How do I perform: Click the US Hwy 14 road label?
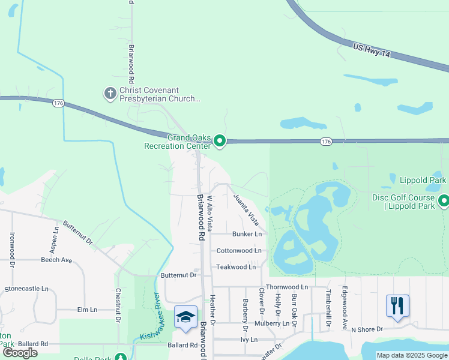pos(371,50)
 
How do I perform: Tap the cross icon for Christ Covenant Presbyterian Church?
pos(110,93)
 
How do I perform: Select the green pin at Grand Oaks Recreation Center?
pos(220,141)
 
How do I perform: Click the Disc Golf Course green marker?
pos(444,200)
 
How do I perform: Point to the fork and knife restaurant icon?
pos(397,305)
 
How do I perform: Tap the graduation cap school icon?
pos(185,317)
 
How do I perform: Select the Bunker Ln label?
pos(247,234)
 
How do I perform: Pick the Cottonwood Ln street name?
pos(239,250)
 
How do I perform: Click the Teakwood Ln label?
pos(236,266)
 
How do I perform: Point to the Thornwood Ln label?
pos(286,287)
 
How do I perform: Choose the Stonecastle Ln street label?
pos(26,289)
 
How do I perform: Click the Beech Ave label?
pos(56,260)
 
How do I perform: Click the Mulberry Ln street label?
pos(272,323)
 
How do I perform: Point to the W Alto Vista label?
pos(209,213)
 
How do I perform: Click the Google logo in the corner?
pos(20,353)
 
